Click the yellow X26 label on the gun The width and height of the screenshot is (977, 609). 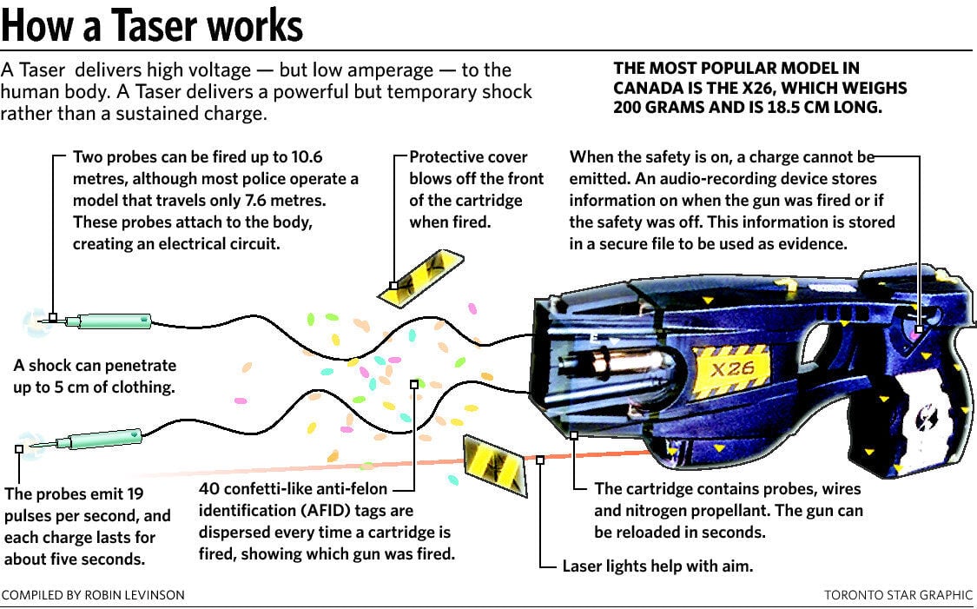tap(731, 369)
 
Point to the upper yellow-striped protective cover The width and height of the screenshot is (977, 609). tap(420, 278)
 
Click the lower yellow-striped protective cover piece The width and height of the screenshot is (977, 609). tap(496, 465)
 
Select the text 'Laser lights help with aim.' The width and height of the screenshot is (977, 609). tap(657, 566)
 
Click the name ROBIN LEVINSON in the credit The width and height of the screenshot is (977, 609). tap(135, 594)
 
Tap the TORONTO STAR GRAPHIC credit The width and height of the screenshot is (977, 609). tap(898, 594)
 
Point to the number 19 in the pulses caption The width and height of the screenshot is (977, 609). tap(135, 493)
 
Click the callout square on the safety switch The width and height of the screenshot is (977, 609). tap(919, 328)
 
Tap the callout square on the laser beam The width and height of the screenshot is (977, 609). tap(540, 460)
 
